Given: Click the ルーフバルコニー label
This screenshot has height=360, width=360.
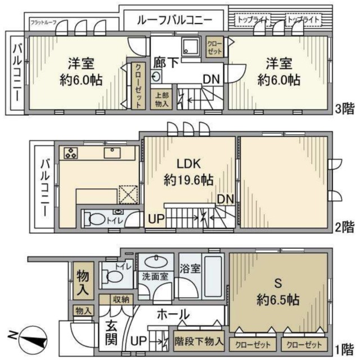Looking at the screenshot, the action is point(175,21).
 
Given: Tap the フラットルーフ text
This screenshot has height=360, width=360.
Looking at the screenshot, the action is point(44,22).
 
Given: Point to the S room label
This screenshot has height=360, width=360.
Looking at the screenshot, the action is point(280,281).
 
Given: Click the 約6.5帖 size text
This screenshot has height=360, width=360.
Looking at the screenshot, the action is point(280,298).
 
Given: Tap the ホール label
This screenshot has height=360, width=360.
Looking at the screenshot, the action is point(172,314).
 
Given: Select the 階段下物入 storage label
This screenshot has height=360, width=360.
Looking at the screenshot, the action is point(199,341).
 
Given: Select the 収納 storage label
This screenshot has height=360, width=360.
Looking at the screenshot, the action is point(120,299).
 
